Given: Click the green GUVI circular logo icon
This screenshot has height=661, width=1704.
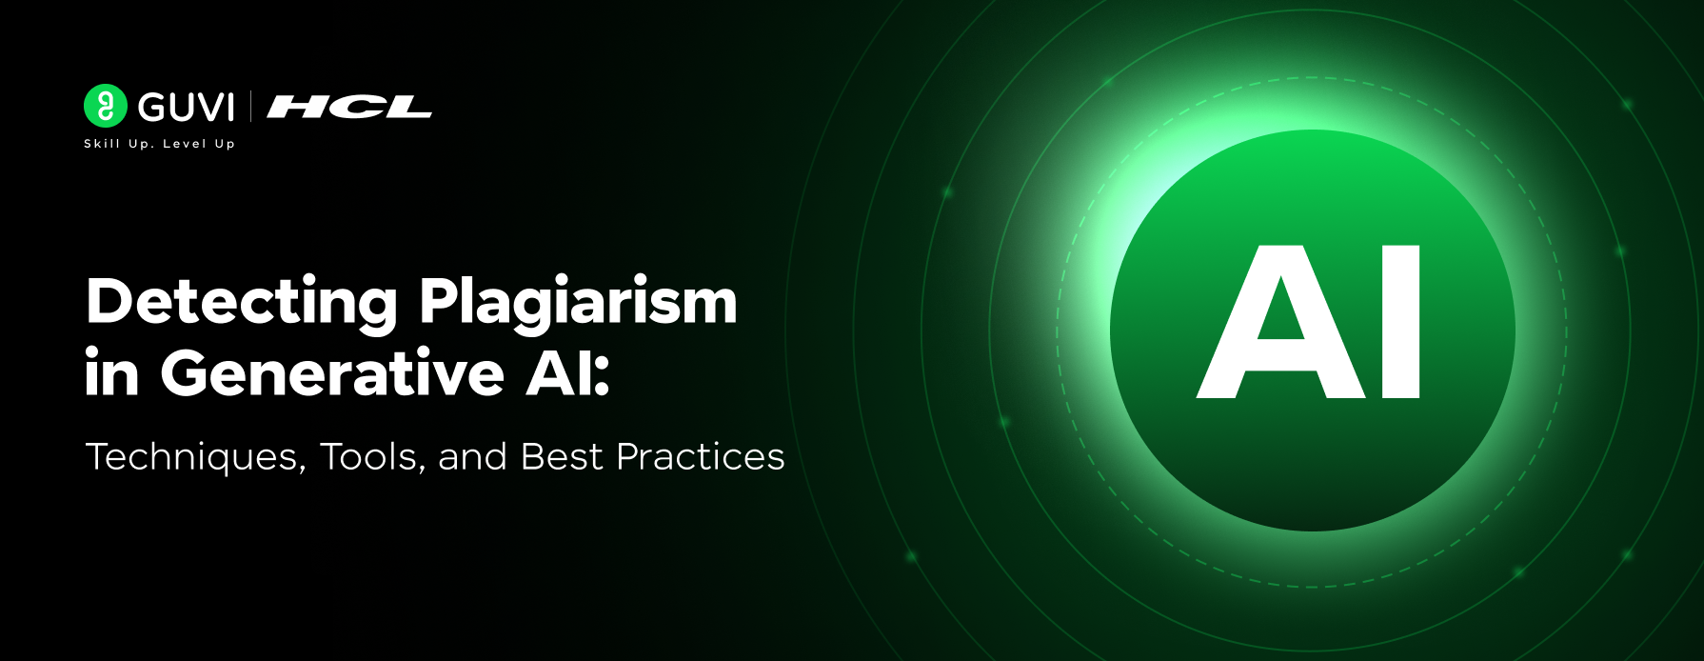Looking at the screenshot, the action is (105, 106).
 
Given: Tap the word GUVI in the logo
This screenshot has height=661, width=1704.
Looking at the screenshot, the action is (187, 108).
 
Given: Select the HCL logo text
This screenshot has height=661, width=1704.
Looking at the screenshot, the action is (349, 108).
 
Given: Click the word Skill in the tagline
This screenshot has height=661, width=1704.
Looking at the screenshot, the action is (102, 144).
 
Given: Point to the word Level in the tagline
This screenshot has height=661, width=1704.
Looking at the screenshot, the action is (185, 144).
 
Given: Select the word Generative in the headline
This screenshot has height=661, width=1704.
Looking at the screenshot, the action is (331, 372).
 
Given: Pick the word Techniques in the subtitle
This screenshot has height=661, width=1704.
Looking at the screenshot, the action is (195, 457).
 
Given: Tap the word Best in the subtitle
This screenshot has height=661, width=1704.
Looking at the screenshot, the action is (562, 457).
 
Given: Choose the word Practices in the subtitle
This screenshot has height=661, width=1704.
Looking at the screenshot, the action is (701, 457).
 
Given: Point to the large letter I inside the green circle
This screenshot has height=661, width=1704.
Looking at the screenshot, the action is (1400, 322).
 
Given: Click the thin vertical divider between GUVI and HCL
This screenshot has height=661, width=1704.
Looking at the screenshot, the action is (251, 106).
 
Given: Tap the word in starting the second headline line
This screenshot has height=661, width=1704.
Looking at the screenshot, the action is (111, 372).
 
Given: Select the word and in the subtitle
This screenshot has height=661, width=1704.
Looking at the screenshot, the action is (472, 457).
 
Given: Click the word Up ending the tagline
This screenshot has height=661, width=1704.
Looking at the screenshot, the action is (225, 145).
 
